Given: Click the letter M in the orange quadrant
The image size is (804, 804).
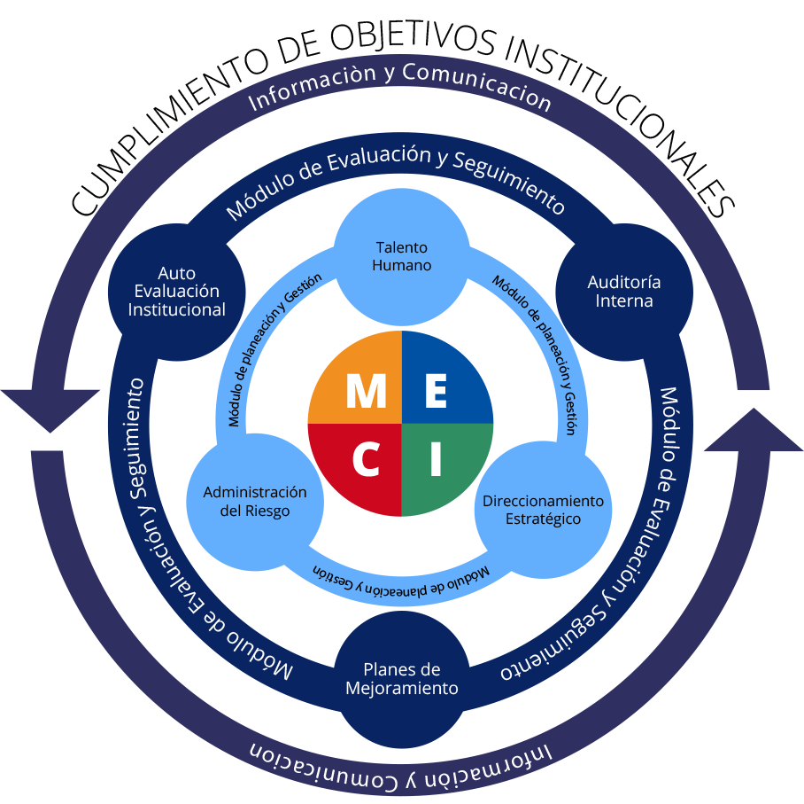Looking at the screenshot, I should pyautogui.click(x=366, y=391).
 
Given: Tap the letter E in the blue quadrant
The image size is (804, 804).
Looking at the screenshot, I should pyautogui.click(x=435, y=391).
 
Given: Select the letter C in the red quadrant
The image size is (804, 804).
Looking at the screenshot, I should pyautogui.click(x=366, y=459).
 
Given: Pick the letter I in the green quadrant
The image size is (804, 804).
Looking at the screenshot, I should pyautogui.click(x=435, y=459).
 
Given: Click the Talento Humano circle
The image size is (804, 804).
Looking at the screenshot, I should pyautogui.click(x=401, y=256).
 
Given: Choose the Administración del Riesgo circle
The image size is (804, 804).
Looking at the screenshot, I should pyautogui.click(x=254, y=502).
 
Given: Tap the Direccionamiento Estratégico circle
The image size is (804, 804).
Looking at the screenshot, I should pyautogui.click(x=543, y=510).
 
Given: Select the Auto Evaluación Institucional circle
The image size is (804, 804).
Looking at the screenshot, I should pyautogui.click(x=176, y=292).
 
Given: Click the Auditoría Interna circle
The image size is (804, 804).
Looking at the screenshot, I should pyautogui.click(x=623, y=292).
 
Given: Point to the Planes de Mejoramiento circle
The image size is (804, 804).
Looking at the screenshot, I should pyautogui.click(x=401, y=679).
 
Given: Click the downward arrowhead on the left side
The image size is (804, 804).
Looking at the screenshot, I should pyautogui.click(x=50, y=408).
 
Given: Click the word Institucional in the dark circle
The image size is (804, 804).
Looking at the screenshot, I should pyautogui.click(x=176, y=310).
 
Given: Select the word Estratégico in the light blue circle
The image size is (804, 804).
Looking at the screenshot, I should pyautogui.click(x=543, y=519).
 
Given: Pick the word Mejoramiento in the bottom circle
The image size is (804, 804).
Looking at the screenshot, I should pyautogui.click(x=401, y=689).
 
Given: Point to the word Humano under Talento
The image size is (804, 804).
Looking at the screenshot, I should pyautogui.click(x=401, y=266).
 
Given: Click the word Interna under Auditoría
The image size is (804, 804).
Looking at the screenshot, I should pyautogui.click(x=623, y=301).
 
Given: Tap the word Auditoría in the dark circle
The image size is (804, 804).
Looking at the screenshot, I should pyautogui.click(x=623, y=282).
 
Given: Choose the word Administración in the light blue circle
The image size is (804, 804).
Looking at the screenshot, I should pyautogui.click(x=254, y=492).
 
